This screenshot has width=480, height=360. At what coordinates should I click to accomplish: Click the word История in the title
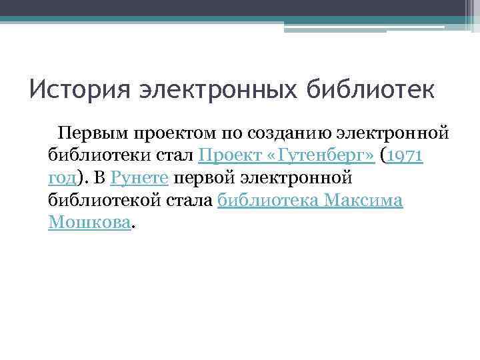72,89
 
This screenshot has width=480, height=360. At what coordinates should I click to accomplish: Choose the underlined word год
62,178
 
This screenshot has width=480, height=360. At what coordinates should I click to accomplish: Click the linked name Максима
367,201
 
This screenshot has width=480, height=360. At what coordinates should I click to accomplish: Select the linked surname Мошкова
89,223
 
